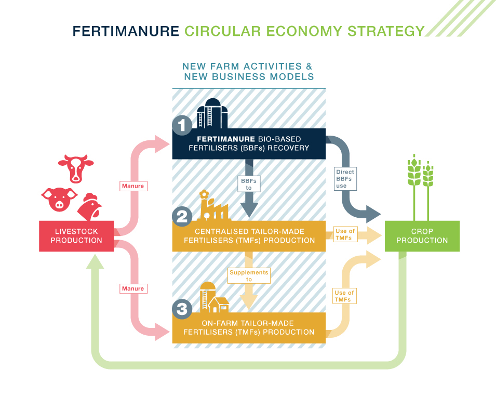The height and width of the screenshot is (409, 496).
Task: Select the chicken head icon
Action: point(89,207)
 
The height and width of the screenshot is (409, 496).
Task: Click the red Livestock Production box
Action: point(76,236)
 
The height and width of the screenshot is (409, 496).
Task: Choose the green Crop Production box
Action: point(422,236)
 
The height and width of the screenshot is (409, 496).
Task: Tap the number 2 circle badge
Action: point(182,216)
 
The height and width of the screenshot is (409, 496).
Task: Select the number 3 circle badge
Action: point(182,309)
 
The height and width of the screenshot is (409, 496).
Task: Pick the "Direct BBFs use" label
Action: point(344,179)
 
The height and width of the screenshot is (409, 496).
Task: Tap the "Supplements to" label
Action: point(249,275)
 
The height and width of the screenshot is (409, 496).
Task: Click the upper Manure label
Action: point(132,185)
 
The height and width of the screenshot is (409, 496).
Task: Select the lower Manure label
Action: point(132,288)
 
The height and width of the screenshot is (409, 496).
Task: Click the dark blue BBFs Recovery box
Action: point(249,144)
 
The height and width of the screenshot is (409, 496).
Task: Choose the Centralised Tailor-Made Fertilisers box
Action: point(249,236)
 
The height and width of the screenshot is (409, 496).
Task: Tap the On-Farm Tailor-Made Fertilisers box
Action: point(249,328)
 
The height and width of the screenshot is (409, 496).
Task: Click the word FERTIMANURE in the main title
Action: point(126,31)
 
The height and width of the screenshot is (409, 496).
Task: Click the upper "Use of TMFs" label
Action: point(344,234)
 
